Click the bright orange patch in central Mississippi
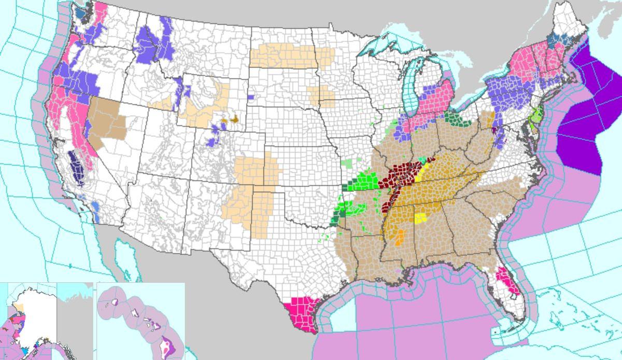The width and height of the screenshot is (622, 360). click(399, 240)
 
